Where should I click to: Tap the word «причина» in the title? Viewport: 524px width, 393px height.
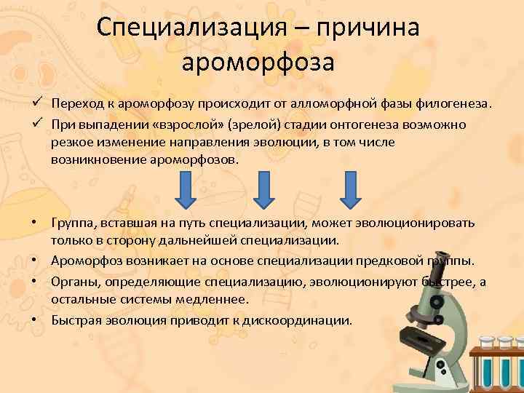click(368, 29)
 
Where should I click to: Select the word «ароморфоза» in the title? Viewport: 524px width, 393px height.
click(258, 63)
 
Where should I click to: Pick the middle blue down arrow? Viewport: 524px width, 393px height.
click(263, 189)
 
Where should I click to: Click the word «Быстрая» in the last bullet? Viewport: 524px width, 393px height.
click(76, 319)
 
